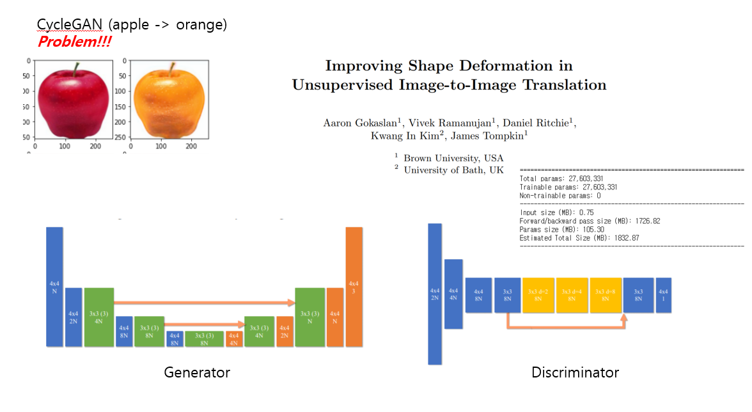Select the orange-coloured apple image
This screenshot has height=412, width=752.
tap(168, 102)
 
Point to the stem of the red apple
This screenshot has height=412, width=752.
tap(76, 68)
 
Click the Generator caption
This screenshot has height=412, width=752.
tap(197, 372)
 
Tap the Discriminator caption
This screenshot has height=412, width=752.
tap(575, 372)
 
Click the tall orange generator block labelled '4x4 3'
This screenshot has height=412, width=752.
tap(354, 286)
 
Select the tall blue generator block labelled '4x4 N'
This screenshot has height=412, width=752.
tap(54, 286)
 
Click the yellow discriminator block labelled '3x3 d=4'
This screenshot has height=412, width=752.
tap(572, 295)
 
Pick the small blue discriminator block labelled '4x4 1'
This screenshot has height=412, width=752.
tap(663, 295)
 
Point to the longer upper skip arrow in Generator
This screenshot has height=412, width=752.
tap(204, 301)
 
